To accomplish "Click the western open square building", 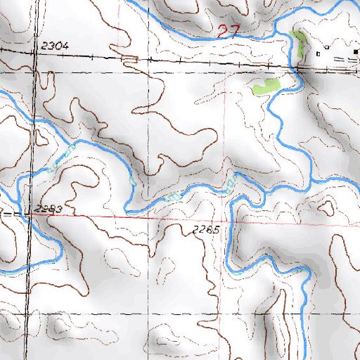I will (x=319, y=53).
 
